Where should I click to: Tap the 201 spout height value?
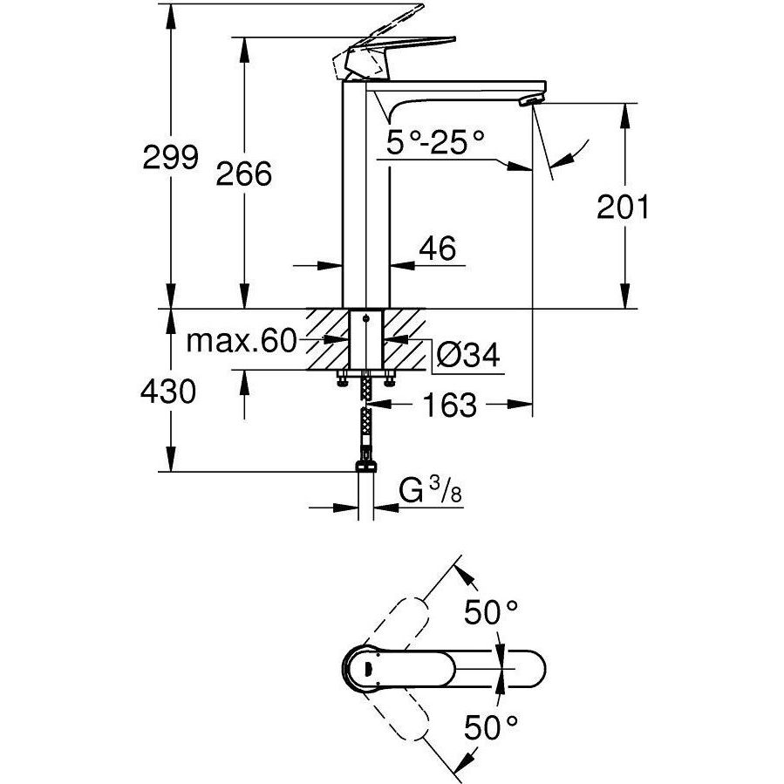click(623, 208)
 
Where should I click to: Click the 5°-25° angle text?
click(436, 140)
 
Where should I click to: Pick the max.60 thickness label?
click(242, 341)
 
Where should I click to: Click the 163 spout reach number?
click(450, 405)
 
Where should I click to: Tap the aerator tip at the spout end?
click(529, 102)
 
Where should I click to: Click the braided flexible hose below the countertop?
click(367, 419)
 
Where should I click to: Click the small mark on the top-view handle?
click(366, 668)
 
